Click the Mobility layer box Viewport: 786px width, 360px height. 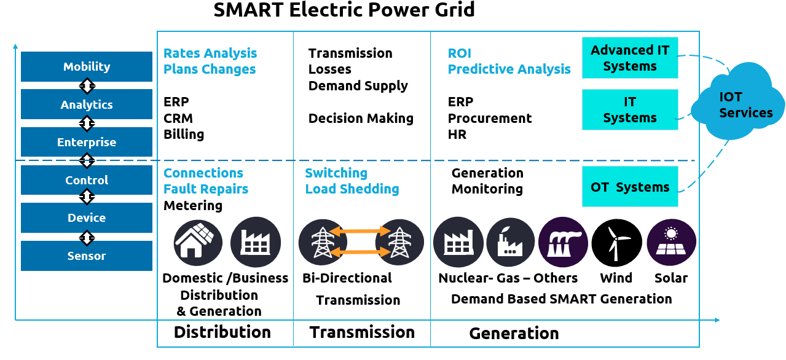[x=87, y=66]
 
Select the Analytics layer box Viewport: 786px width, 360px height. [x=87, y=104]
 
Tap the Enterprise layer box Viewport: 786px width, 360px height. [x=87, y=142]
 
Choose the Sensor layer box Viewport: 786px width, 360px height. [x=87, y=256]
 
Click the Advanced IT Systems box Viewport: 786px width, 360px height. [x=630, y=58]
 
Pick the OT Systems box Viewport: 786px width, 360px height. [x=630, y=187]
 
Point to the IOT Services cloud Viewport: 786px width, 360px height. [x=737, y=105]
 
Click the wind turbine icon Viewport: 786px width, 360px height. [x=616, y=243]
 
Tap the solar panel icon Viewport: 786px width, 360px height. [x=671, y=243]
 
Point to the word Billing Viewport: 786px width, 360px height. [x=184, y=134]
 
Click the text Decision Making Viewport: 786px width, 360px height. [x=361, y=118]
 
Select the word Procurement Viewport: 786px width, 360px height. [x=490, y=118]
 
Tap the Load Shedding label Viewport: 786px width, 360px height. [x=352, y=189]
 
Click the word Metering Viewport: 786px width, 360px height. [x=193, y=205]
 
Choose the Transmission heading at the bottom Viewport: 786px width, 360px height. [x=362, y=332]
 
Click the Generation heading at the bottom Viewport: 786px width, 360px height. [x=514, y=334]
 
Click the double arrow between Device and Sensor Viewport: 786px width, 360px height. [x=87, y=237]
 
